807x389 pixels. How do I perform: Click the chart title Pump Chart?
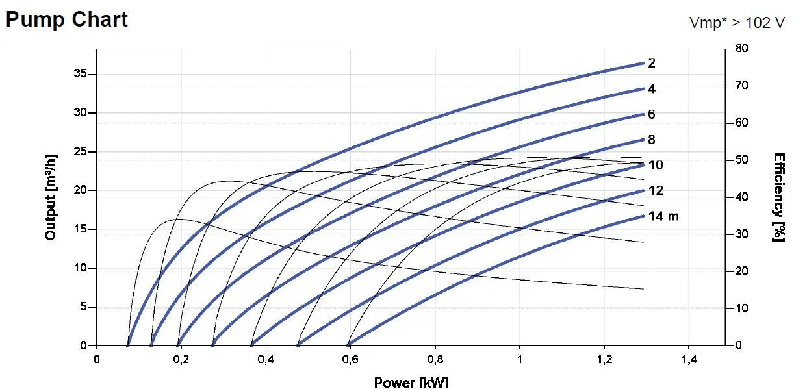(67, 19)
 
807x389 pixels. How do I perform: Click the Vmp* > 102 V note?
(737, 23)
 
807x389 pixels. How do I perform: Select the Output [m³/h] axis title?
(51, 197)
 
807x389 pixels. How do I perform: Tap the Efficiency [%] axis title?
(778, 197)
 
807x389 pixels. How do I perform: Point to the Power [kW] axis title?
(411, 382)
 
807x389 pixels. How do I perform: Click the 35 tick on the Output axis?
(79, 75)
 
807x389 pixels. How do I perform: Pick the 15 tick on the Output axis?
(79, 229)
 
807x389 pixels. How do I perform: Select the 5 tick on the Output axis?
(83, 307)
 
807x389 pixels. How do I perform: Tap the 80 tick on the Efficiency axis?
(741, 49)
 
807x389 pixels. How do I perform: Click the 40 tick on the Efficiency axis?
(741, 197)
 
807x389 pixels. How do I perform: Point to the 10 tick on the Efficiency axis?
(741, 308)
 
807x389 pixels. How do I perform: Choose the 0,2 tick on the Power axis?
(181, 359)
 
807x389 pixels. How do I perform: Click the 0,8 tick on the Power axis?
(435, 359)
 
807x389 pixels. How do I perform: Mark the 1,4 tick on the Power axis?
(689, 359)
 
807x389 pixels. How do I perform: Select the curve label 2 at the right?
(652, 64)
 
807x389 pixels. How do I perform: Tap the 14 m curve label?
(663, 216)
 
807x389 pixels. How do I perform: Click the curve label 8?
(652, 140)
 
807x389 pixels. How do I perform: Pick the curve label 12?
(656, 191)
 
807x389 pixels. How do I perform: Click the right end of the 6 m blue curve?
(643, 114)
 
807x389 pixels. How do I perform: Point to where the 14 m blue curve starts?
(348, 345)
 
